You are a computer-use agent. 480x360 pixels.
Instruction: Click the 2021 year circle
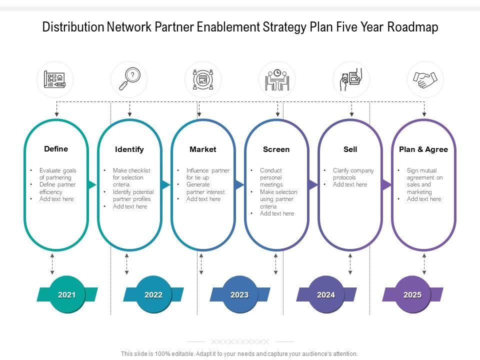(x=67, y=294)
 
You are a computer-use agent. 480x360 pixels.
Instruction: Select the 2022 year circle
(x=153, y=294)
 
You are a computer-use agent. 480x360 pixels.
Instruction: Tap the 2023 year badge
(x=239, y=294)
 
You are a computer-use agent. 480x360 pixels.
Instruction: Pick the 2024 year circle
(x=326, y=294)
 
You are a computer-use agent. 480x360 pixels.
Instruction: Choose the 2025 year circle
(x=412, y=294)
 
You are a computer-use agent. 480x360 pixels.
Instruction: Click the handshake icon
(x=425, y=79)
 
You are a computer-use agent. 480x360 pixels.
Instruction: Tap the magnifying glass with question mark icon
(x=129, y=79)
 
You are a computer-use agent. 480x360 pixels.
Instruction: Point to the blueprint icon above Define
(x=55, y=79)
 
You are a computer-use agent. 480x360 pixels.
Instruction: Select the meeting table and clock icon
(x=277, y=79)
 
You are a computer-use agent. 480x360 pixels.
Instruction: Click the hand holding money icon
(x=351, y=79)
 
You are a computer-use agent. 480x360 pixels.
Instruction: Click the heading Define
(x=56, y=148)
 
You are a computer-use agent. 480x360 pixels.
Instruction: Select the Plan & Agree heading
(x=423, y=149)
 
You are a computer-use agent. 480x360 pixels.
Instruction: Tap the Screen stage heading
(x=276, y=149)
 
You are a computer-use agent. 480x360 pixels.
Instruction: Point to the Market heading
(x=203, y=149)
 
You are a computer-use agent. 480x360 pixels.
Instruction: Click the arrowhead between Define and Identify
(x=92, y=185)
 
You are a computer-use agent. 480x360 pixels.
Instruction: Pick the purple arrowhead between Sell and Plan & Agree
(x=386, y=185)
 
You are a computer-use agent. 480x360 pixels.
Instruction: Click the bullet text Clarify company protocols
(x=353, y=174)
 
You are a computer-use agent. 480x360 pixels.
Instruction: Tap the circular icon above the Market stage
(x=203, y=79)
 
